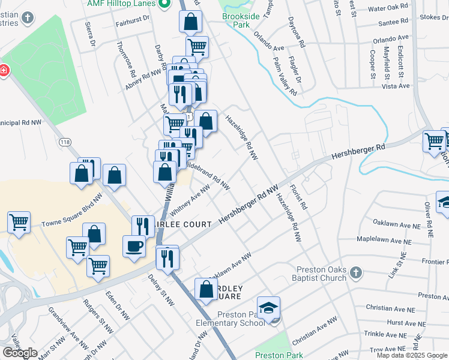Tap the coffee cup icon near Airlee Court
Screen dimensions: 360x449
click(133, 246)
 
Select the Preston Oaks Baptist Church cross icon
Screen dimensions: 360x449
click(355, 274)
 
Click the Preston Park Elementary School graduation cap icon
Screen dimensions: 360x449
click(268, 308)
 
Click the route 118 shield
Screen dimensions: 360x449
click(65, 142)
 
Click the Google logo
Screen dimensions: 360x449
click(20, 353)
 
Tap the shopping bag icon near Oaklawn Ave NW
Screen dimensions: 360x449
click(206, 289)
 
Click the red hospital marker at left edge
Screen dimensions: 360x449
click(4, 71)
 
